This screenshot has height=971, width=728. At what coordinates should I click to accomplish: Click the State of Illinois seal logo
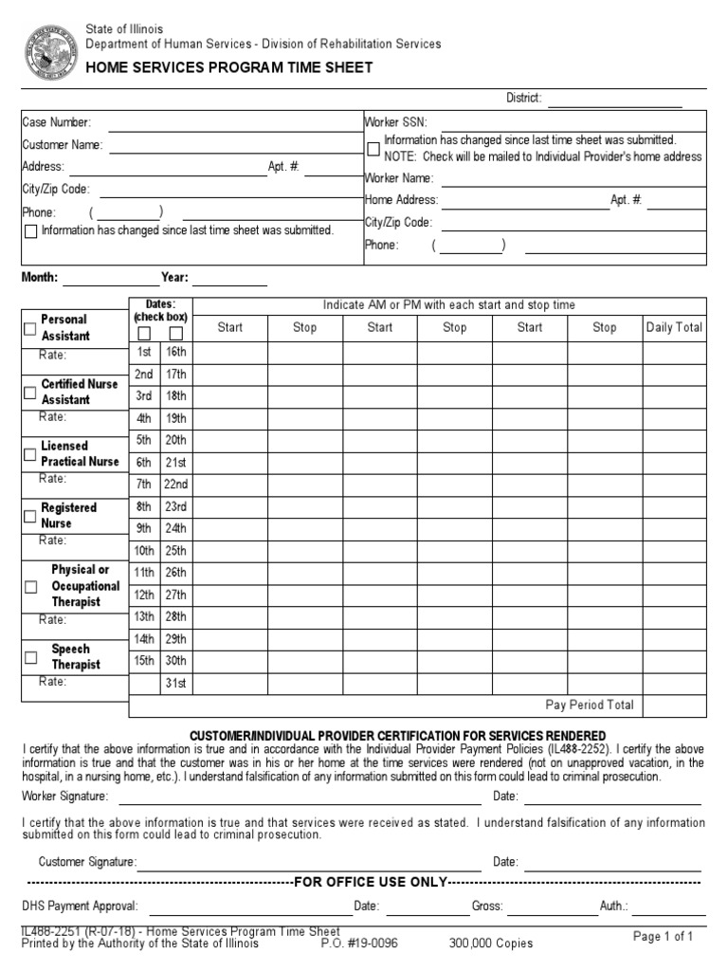[49, 53]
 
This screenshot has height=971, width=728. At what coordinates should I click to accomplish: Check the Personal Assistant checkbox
[30, 328]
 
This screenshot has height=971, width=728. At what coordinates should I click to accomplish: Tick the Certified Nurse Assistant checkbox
[30, 392]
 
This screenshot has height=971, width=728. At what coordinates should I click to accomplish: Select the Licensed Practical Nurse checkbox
[30, 454]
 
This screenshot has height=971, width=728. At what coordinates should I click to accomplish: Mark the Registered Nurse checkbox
[30, 516]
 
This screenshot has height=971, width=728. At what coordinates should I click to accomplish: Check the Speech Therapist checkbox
[30, 657]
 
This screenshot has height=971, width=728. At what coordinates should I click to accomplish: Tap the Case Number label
[57, 122]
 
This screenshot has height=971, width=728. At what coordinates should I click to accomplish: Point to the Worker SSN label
[396, 122]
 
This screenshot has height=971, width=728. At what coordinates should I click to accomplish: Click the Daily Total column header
[674, 327]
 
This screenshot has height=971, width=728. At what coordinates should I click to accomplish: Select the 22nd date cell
[175, 485]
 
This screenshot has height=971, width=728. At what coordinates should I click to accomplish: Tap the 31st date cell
[175, 683]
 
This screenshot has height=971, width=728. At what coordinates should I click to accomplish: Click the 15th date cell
[144, 661]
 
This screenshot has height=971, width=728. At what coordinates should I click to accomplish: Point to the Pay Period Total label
[590, 705]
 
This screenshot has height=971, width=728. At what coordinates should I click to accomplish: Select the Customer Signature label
[87, 862]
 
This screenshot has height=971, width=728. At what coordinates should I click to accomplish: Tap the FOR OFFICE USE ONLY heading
[371, 882]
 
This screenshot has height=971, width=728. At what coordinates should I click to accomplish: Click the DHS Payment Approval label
[80, 907]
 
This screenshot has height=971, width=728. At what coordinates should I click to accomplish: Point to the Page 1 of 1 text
[664, 937]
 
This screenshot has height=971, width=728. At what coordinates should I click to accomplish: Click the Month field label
[40, 278]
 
